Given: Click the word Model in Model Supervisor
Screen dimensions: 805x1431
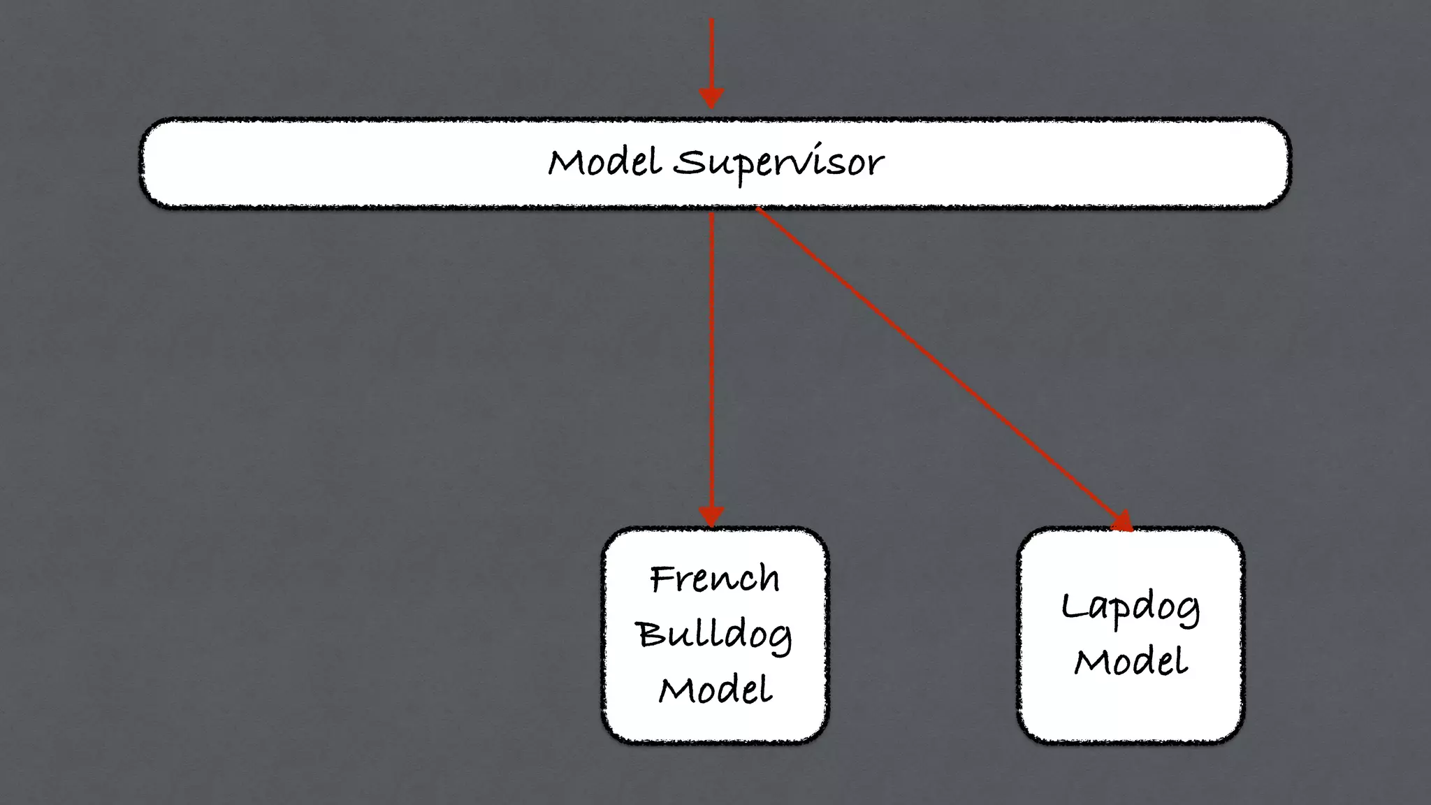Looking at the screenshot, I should [604, 162].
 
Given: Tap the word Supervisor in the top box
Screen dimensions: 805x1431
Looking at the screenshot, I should [778, 164].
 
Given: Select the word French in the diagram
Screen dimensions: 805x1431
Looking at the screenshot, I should [714, 579].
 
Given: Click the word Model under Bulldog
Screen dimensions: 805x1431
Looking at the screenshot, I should [715, 690].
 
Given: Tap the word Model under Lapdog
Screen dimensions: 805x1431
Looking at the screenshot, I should [1131, 662].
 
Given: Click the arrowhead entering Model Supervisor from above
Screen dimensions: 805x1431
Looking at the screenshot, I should [711, 98].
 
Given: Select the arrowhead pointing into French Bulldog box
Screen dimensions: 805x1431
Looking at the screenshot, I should [711, 517].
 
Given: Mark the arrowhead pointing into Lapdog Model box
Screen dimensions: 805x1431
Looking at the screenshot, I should [1122, 521].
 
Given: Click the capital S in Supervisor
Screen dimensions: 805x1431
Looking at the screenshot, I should [690, 162].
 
